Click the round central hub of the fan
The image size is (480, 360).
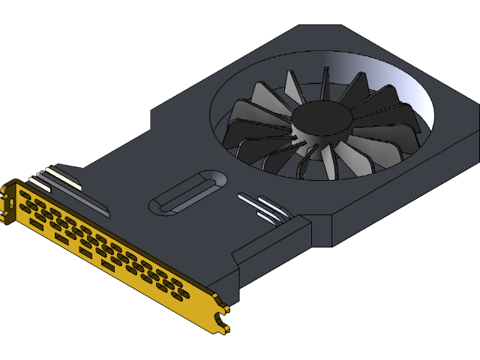click(322, 118)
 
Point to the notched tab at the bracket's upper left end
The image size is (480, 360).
click(8, 196)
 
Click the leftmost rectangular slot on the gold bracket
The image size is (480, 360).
click(25, 195)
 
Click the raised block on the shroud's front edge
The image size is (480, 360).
click(270, 247)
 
